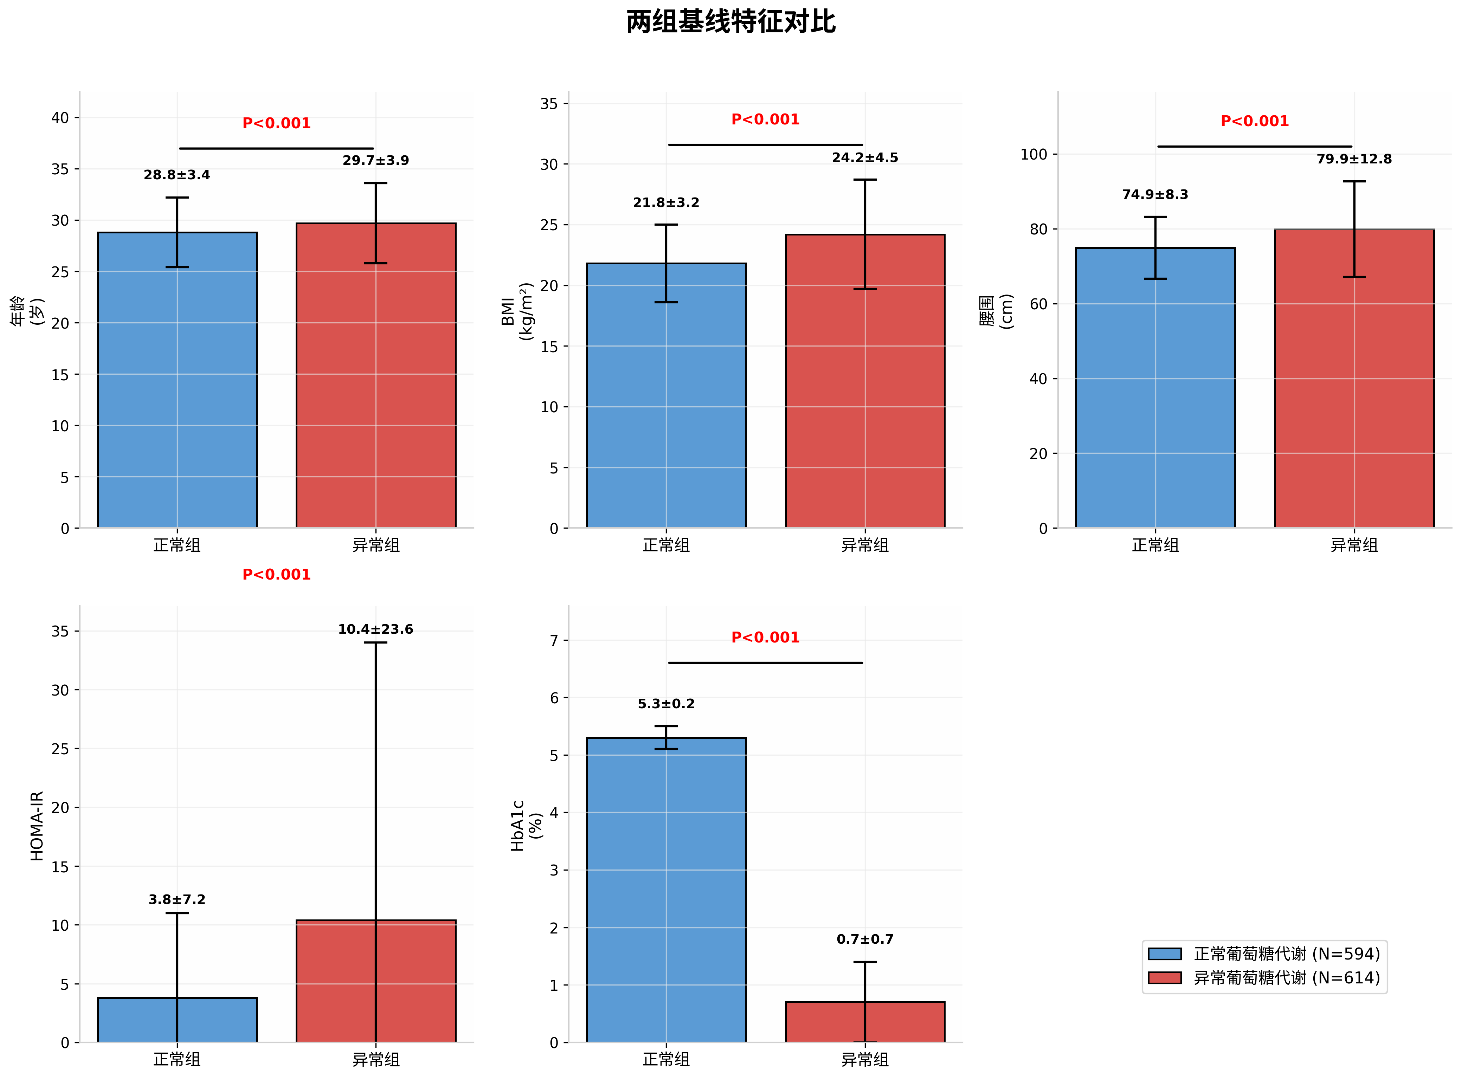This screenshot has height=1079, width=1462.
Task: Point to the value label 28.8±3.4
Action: (x=177, y=175)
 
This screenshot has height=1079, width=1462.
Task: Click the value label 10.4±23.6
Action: (x=376, y=629)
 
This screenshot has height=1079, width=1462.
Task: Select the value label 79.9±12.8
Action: (x=1354, y=159)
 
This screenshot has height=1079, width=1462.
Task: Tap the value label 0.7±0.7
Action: (x=864, y=939)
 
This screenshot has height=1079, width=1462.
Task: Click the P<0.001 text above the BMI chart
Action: (x=765, y=119)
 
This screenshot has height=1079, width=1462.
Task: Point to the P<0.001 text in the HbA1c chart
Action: (x=765, y=638)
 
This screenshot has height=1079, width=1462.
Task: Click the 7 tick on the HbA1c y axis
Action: (x=554, y=641)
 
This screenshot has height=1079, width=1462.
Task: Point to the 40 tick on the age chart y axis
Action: (x=60, y=118)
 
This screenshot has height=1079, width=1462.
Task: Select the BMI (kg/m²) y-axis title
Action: (x=517, y=311)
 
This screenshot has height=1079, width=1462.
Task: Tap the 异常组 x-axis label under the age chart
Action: (x=376, y=545)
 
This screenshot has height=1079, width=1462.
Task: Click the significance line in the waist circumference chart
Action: (x=1254, y=146)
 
